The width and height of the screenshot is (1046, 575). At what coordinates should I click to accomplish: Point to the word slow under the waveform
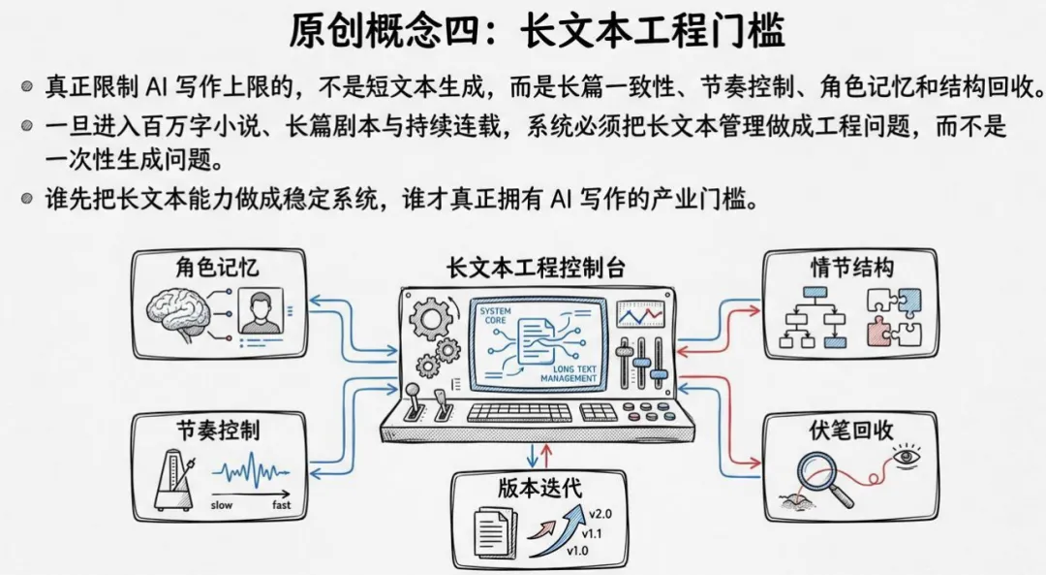pyautogui.click(x=222, y=504)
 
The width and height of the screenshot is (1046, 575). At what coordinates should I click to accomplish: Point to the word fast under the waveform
pyautogui.click(x=282, y=504)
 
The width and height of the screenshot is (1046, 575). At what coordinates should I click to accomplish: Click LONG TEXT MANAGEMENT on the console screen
pyautogui.click(x=576, y=373)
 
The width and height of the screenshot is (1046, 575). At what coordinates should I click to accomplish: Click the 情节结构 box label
pyautogui.click(x=851, y=268)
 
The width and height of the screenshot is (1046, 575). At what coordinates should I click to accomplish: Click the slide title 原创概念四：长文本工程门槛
pyautogui.click(x=537, y=33)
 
